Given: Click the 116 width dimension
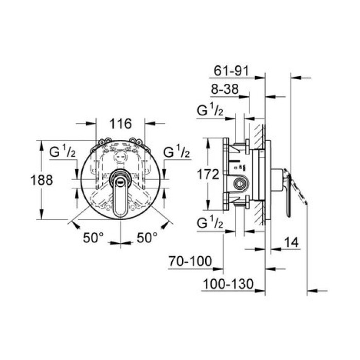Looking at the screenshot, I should tap(121, 124).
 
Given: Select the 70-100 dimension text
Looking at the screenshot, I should tap(190, 262).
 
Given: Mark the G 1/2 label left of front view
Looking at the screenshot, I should tap(63, 153).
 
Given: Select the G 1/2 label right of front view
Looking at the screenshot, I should tap(177, 153).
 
